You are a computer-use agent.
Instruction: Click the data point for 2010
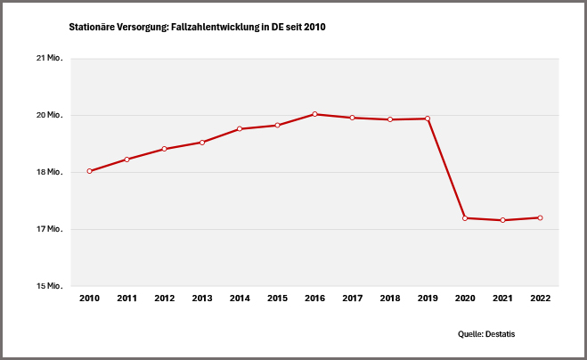(90, 171)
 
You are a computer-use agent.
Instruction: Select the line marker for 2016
(315, 114)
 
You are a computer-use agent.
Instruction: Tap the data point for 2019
(428, 119)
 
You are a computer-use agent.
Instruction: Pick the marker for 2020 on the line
(465, 217)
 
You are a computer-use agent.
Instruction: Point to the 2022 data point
(540, 217)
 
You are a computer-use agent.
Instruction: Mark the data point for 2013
(202, 143)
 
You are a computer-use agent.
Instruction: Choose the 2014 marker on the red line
(240, 129)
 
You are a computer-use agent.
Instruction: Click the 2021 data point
(502, 220)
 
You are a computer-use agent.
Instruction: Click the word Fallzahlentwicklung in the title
(213, 28)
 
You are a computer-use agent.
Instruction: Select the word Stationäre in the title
(92, 28)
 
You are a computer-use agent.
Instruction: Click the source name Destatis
(500, 333)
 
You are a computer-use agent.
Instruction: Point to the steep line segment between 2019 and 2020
(446, 168)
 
